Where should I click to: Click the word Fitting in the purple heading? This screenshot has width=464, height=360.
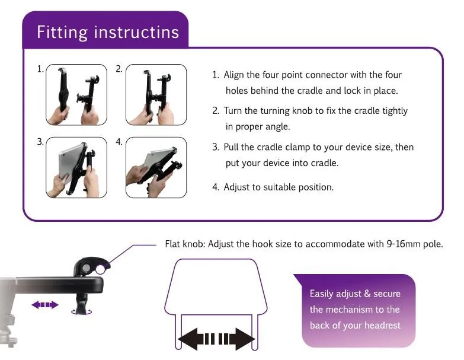point(62,32)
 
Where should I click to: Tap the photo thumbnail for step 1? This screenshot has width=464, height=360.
point(76,95)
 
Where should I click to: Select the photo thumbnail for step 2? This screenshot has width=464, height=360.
point(156,95)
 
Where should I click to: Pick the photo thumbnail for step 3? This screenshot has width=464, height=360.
point(76,168)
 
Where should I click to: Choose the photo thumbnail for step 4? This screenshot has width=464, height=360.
point(156,168)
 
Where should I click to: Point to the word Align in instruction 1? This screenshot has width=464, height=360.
point(233,75)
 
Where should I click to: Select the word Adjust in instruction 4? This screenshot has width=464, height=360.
point(236,187)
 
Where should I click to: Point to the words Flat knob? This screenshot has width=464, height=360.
point(185,244)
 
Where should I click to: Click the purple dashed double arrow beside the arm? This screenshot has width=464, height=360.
point(45,305)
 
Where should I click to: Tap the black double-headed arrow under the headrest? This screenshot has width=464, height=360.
point(216,339)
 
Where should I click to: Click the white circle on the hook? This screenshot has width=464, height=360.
point(100,269)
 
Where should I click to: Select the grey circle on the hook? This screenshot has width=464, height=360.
point(86,268)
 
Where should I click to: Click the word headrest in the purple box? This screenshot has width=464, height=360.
point(382,326)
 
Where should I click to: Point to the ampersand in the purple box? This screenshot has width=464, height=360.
point(367,294)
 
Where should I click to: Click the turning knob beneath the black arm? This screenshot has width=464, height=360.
point(81,304)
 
